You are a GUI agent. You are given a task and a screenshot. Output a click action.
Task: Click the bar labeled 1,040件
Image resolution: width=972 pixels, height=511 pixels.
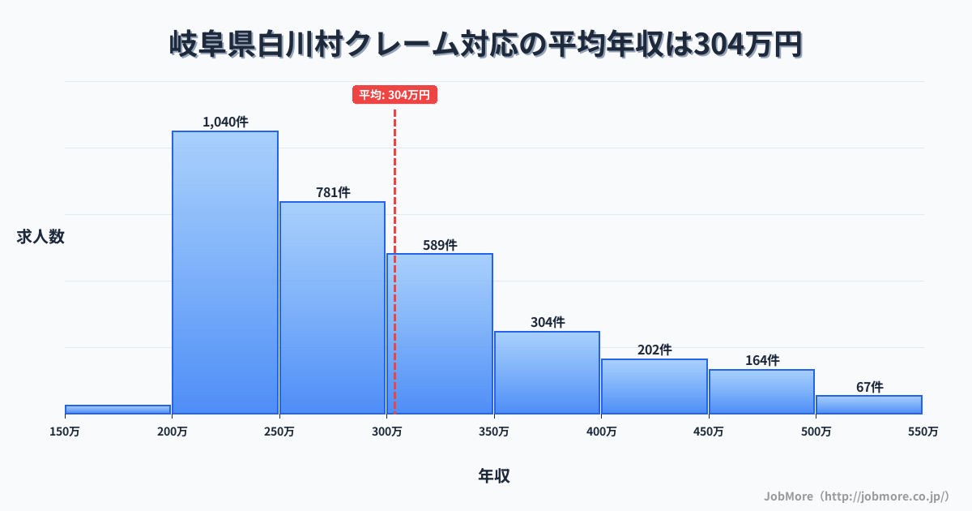pyautogui.click(x=225, y=272)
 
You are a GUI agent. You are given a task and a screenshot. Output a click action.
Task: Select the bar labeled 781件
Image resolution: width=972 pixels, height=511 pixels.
pyautogui.click(x=332, y=307)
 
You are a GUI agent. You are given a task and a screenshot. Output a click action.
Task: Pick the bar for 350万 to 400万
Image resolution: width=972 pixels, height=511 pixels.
pyautogui.click(x=547, y=372)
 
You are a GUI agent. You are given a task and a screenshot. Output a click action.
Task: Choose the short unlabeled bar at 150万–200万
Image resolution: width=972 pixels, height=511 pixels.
pyautogui.click(x=117, y=409)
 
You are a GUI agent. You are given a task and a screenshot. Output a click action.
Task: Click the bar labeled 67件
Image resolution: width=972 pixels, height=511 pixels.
pyautogui.click(x=868, y=404)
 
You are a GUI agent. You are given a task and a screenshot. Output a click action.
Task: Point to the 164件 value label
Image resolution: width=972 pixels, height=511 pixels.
pyautogui.click(x=761, y=360)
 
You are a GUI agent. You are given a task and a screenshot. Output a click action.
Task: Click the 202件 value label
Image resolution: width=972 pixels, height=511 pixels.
pyautogui.click(x=654, y=350)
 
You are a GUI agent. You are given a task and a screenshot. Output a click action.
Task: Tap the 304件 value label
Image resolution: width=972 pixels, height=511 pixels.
pyautogui.click(x=548, y=322)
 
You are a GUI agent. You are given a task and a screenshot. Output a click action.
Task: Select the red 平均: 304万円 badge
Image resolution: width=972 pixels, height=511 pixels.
pyautogui.click(x=394, y=95)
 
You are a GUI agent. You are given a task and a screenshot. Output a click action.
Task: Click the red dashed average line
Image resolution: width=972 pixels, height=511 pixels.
pyautogui.click(x=394, y=203)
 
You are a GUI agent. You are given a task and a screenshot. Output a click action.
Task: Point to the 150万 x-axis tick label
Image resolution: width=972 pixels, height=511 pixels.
pyautogui.click(x=65, y=432)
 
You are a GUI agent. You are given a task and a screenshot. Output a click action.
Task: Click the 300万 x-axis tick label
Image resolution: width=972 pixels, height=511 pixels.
pyautogui.click(x=386, y=432)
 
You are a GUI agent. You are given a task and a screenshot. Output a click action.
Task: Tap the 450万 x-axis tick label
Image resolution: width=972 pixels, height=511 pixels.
pyautogui.click(x=708, y=432)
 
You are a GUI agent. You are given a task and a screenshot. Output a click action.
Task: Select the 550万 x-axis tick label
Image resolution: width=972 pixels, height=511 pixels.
pyautogui.click(x=923, y=432)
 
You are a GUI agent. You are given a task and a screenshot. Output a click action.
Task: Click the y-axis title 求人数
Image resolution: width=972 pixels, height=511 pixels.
pyautogui.click(x=40, y=237)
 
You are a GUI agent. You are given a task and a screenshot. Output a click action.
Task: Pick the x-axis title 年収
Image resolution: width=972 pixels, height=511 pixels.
pyautogui.click(x=493, y=476)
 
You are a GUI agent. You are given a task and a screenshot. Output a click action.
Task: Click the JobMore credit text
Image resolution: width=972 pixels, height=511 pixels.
pyautogui.click(x=856, y=495)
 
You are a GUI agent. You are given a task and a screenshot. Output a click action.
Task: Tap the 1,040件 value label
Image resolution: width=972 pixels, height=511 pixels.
pyautogui.click(x=225, y=122)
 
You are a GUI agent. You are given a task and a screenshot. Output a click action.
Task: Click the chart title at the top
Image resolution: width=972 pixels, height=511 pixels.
pyautogui.click(x=486, y=45)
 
